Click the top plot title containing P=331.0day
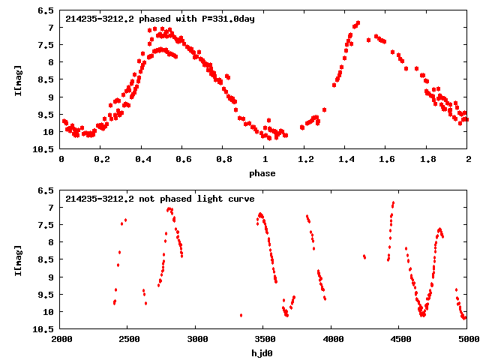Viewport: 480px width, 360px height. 160,19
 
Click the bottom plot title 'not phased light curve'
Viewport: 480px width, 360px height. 160,199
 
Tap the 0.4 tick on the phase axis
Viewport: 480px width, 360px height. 142,159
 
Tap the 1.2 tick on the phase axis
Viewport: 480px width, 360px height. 305,159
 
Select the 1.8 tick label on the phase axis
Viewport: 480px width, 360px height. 427,159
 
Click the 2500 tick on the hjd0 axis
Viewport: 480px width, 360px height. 129,339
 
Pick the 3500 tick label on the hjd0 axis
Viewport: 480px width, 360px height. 265,339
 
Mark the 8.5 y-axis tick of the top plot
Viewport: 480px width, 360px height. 46,80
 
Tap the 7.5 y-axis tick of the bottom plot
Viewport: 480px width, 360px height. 46,225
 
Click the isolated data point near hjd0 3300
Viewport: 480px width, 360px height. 241,315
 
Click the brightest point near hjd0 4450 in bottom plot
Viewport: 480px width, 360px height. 393,202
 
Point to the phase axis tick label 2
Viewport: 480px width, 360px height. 468,159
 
